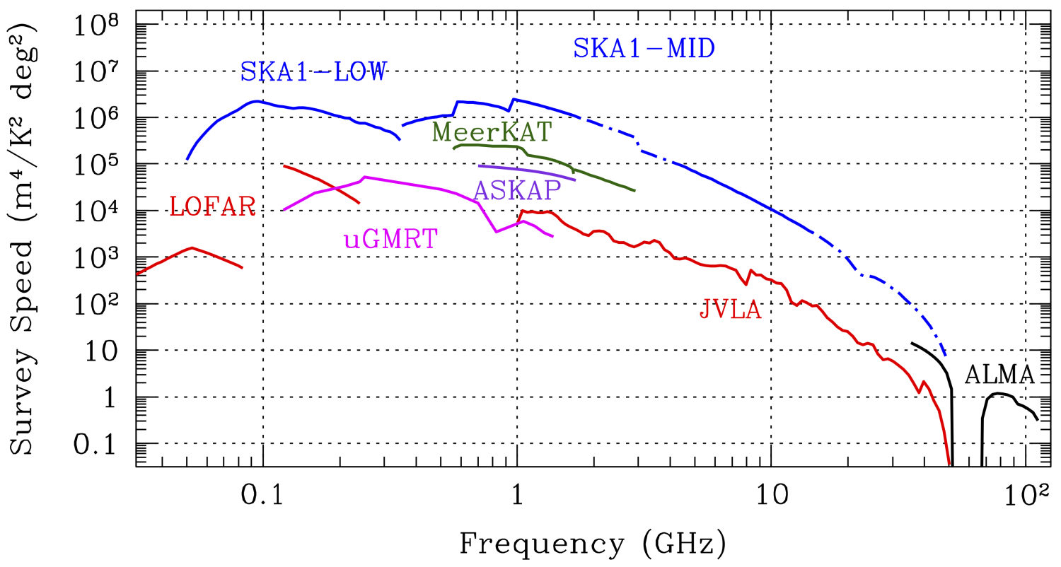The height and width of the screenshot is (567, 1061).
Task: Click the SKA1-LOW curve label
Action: [x=314, y=71]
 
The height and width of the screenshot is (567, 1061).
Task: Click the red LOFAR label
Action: [x=213, y=206]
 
